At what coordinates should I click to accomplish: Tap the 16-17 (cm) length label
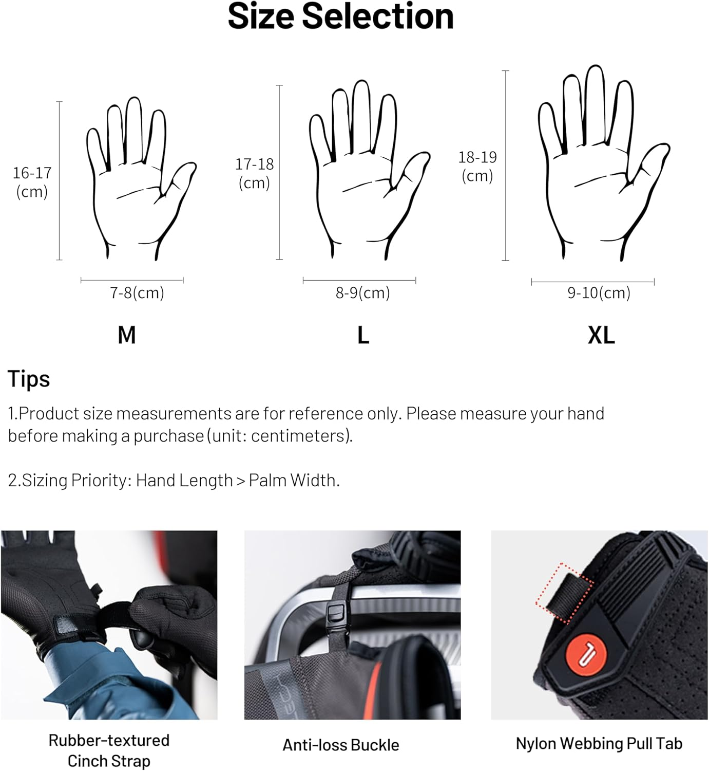coord(32,182)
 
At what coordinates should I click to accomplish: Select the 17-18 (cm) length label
coord(254,173)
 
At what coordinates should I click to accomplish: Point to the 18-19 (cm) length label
coord(477,167)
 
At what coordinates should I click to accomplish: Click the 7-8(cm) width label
coord(137,293)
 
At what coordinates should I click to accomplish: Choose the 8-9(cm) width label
coord(362,293)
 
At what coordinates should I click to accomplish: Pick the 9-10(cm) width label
coord(599,293)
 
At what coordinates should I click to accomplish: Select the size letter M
coord(127,335)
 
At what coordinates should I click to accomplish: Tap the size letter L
coord(363,335)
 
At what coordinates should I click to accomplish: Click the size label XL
coord(601,335)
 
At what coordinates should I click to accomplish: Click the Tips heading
coord(29,379)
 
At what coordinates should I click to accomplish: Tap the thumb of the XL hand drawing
coord(649,166)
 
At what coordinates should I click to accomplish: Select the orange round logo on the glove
coord(586,655)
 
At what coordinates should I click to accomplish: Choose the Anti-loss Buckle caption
coord(341,745)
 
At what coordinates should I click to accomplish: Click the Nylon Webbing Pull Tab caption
coord(599,743)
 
